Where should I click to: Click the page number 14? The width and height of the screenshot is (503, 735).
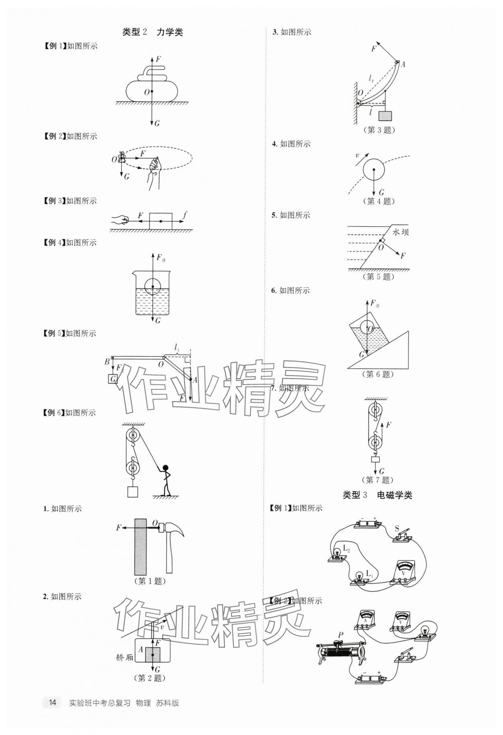[52, 703]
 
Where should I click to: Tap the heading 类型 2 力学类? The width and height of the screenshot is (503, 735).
[153, 32]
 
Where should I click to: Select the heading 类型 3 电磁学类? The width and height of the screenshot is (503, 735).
[377, 495]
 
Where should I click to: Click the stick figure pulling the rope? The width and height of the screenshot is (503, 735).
[165, 480]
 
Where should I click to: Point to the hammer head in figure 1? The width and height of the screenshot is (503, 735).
[171, 528]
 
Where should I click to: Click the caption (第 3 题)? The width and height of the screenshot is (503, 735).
[379, 130]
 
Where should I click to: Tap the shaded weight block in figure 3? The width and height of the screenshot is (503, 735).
[385, 116]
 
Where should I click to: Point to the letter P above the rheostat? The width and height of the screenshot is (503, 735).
[340, 635]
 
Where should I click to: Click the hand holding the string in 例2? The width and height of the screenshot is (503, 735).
[154, 166]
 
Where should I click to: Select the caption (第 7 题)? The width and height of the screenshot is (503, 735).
[377, 480]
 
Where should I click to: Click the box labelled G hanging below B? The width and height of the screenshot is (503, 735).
[113, 379]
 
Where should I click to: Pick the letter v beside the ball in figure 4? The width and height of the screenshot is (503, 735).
[357, 155]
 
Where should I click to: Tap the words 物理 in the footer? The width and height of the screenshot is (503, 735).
[143, 703]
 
